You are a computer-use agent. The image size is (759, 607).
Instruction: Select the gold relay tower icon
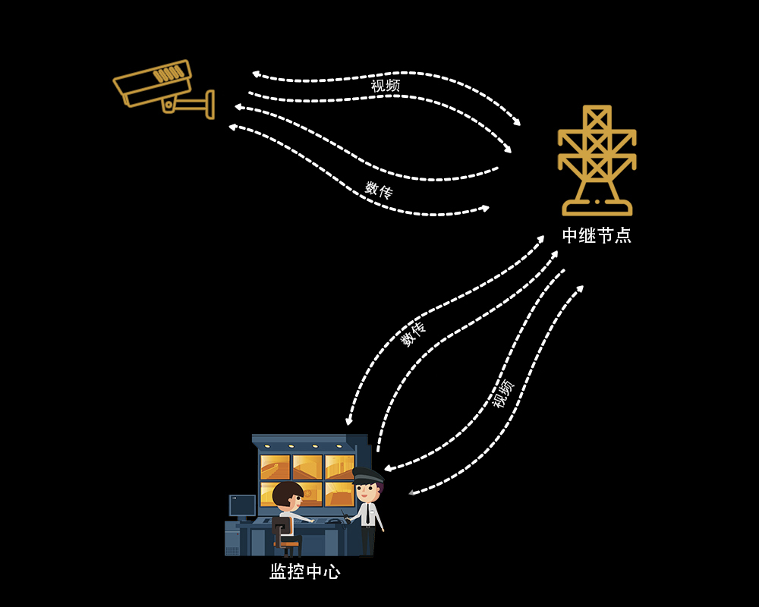tap(597, 160)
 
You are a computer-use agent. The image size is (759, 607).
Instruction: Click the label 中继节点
tap(597, 235)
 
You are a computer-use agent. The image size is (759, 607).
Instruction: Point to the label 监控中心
tap(305, 571)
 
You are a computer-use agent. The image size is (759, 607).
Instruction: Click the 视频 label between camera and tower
tap(386, 85)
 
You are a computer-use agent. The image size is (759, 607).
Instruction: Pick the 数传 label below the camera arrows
tap(379, 190)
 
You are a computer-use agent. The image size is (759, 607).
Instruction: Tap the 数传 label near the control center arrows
tap(413, 334)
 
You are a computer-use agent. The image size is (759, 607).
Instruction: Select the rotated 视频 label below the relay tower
tap(503, 393)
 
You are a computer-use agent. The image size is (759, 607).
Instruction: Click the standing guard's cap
tap(368, 474)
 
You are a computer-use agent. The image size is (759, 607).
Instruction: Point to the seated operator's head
tap(288, 495)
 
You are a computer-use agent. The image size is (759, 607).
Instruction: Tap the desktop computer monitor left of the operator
tap(242, 505)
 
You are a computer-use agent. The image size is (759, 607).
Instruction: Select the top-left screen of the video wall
tap(276, 467)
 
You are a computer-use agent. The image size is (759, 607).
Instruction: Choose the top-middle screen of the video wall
tap(307, 467)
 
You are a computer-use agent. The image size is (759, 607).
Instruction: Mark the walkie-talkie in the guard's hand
tap(345, 517)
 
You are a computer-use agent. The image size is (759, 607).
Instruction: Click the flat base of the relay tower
tap(597, 209)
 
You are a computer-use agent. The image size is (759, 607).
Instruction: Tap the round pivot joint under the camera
tap(168, 105)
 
